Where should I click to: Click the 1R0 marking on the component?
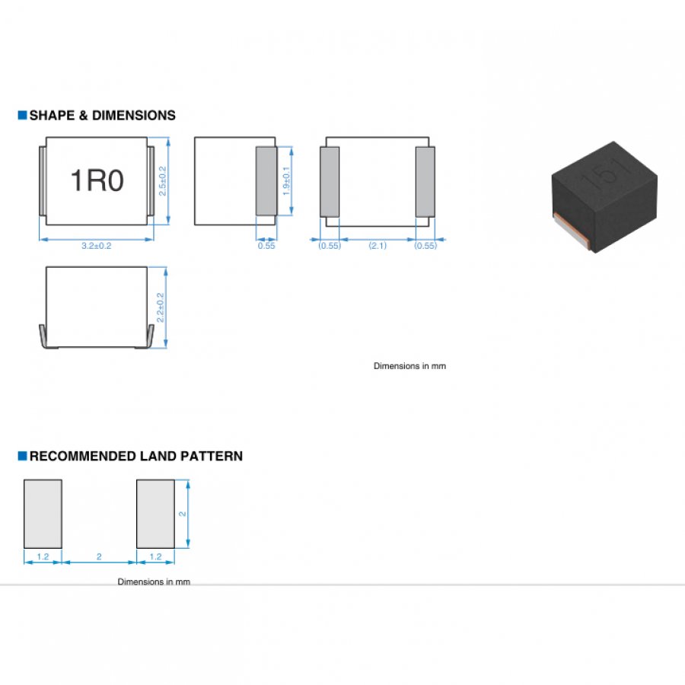(97, 180)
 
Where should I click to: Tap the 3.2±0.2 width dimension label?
(97, 246)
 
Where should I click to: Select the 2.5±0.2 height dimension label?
(163, 181)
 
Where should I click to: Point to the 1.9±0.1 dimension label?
(286, 181)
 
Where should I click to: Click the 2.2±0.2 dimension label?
(161, 307)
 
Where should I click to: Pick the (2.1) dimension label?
(378, 246)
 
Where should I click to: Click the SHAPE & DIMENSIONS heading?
(102, 116)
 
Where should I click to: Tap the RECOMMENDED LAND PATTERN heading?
(136, 456)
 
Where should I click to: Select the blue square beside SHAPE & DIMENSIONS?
(22, 115)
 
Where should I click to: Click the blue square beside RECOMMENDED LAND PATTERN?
(22, 456)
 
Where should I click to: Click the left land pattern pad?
(43, 514)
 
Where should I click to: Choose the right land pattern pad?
(155, 514)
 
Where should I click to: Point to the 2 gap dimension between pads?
(99, 556)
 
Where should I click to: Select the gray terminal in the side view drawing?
(266, 181)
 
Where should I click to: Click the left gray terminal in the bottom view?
(330, 182)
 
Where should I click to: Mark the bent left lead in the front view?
(43, 336)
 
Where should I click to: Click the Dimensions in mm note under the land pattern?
(154, 581)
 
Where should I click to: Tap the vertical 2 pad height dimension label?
(183, 514)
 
